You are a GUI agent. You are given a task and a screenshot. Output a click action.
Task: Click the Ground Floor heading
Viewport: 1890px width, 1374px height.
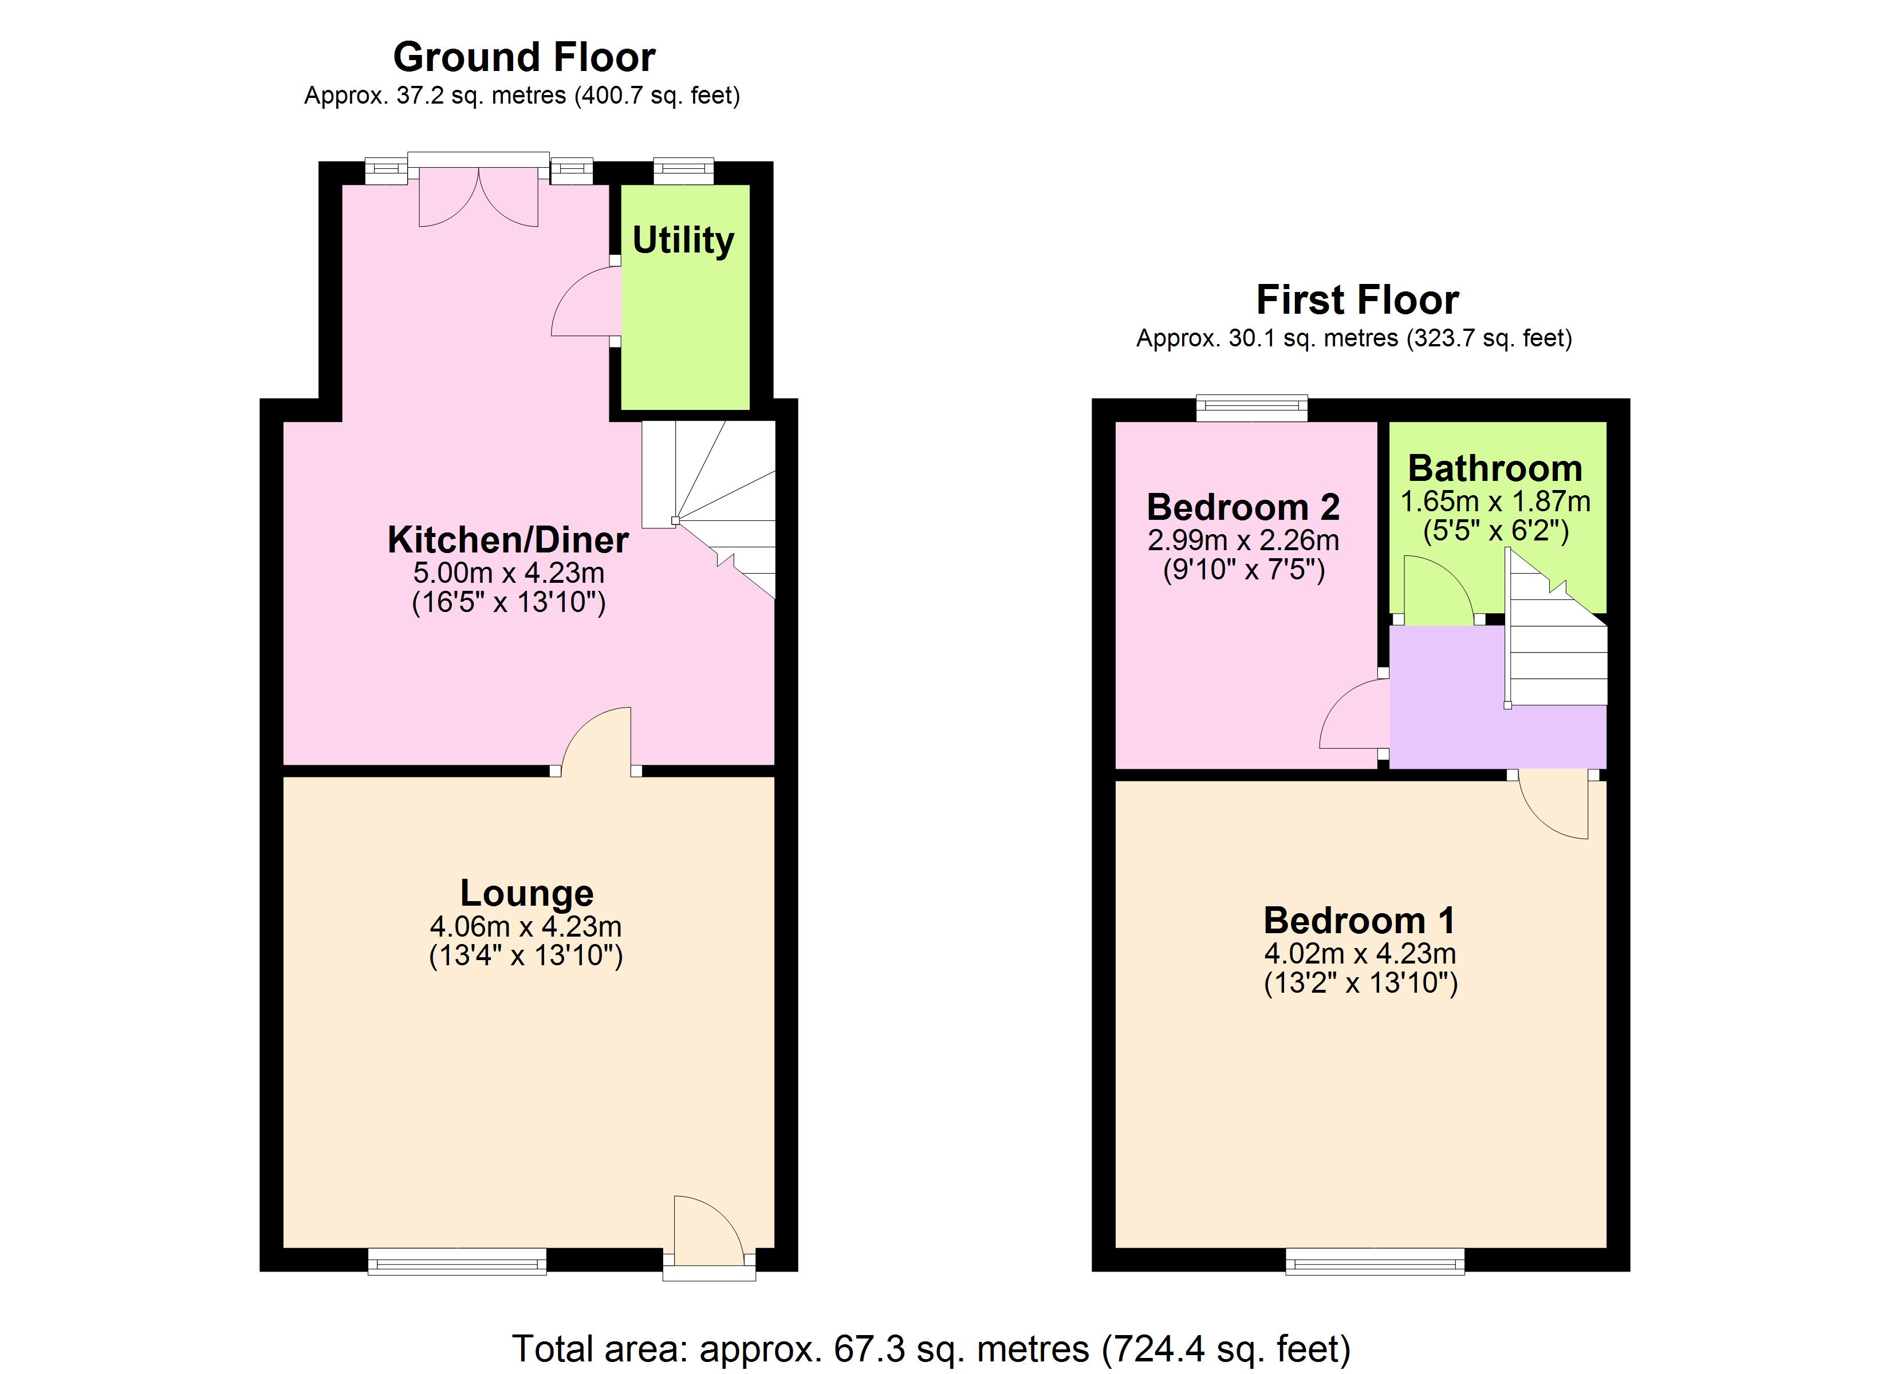click(523, 57)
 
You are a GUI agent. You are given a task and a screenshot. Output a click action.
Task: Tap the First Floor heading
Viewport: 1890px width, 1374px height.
click(1357, 300)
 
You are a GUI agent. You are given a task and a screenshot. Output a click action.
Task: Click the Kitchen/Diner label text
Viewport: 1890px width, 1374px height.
click(507, 540)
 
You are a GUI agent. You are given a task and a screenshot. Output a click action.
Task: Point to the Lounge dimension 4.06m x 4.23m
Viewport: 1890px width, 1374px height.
click(525, 926)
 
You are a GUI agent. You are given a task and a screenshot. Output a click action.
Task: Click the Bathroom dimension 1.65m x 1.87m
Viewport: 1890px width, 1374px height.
click(1495, 502)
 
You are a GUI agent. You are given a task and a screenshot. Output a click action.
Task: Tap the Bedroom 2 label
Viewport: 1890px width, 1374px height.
click(1242, 507)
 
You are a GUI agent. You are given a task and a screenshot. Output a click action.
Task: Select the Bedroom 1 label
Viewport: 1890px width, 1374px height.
click(1359, 921)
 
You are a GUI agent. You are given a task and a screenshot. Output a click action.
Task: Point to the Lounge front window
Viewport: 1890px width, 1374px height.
click(458, 1261)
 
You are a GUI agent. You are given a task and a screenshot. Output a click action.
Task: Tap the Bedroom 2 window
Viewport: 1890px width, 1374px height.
click(1251, 408)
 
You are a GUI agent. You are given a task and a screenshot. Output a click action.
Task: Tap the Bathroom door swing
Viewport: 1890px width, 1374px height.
click(1436, 593)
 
